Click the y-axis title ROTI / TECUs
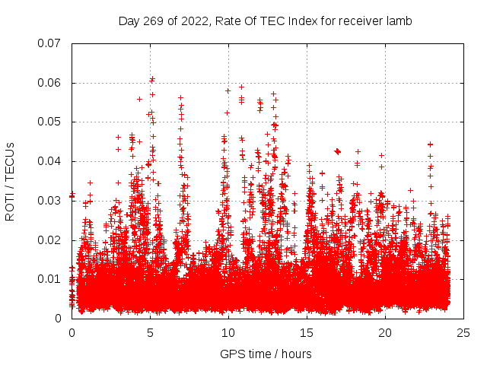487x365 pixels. point(11,181)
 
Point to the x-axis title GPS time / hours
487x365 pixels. point(266,354)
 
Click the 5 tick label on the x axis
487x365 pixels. point(151,332)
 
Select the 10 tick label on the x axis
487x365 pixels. point(229,332)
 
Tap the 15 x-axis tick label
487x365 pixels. point(307,332)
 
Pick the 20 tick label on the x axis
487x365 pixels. point(386,332)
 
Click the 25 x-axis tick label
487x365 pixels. point(464,332)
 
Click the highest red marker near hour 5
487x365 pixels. point(153,78)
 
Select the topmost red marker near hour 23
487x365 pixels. point(430,144)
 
